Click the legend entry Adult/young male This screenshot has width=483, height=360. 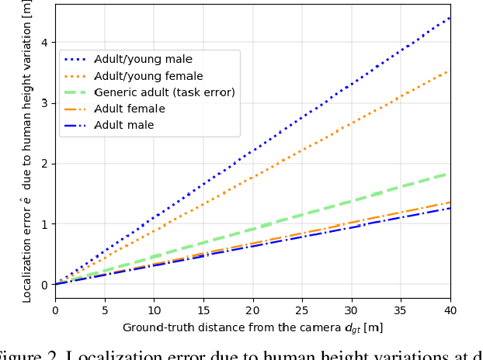143,60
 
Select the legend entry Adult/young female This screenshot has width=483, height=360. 148,76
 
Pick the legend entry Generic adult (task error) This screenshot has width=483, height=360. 164,92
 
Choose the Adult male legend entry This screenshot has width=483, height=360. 123,125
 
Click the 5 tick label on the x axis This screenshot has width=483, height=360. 104,311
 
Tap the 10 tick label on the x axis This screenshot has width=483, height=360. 154,311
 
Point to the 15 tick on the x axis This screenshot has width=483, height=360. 203,311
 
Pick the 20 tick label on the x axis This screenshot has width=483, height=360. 252,311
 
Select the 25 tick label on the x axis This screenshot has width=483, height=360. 302,311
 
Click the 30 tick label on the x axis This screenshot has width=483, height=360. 352,311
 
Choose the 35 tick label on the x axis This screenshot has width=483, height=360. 401,311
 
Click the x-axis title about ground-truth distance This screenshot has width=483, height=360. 252,328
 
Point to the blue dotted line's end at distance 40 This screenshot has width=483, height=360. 450,17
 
